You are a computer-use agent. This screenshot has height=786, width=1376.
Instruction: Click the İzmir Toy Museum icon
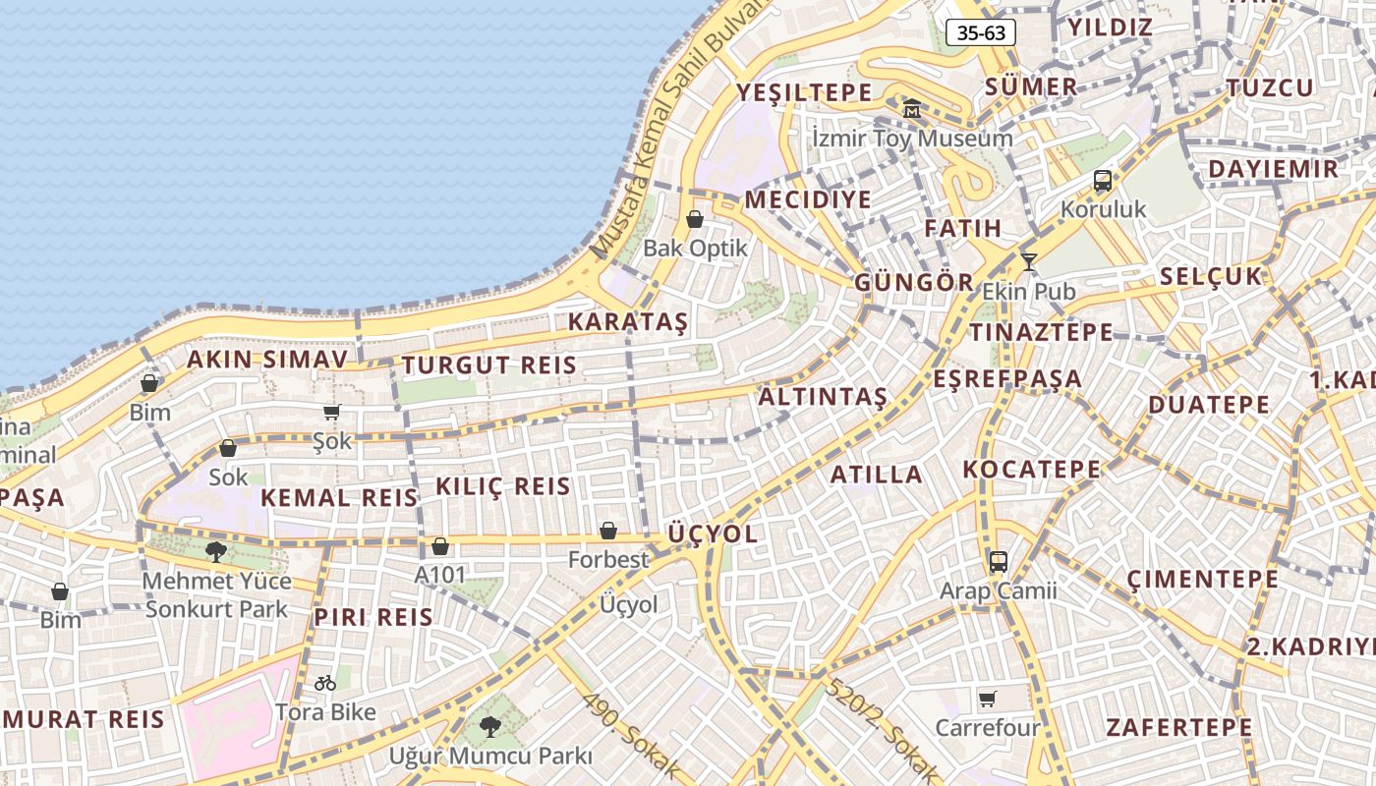click(911, 108)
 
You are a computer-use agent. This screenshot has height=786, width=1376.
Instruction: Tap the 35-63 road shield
click(981, 32)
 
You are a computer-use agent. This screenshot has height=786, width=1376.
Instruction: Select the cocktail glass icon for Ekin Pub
click(1029, 262)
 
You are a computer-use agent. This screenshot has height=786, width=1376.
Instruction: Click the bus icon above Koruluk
click(1103, 181)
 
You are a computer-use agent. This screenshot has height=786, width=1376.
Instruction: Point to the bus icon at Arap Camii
click(999, 562)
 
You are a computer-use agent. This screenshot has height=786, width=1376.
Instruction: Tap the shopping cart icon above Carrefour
click(988, 700)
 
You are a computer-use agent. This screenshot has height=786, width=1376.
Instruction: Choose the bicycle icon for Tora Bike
click(325, 682)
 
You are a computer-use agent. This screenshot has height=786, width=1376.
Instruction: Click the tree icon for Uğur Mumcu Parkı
click(489, 727)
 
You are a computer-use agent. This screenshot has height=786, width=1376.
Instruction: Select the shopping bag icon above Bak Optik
click(695, 219)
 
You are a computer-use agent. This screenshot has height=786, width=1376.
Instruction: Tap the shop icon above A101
click(440, 546)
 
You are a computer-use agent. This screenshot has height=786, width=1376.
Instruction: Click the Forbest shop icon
click(608, 532)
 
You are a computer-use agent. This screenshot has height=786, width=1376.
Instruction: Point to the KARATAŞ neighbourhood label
click(628, 322)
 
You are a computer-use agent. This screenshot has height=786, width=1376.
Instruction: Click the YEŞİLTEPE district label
click(804, 93)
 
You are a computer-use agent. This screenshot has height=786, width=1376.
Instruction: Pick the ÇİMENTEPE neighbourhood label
click(1203, 579)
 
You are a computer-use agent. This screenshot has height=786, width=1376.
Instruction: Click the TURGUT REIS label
click(488, 365)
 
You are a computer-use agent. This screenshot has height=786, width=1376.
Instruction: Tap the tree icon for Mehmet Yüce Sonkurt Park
click(215, 552)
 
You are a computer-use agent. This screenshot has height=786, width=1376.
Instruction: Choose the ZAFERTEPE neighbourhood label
click(1179, 728)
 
